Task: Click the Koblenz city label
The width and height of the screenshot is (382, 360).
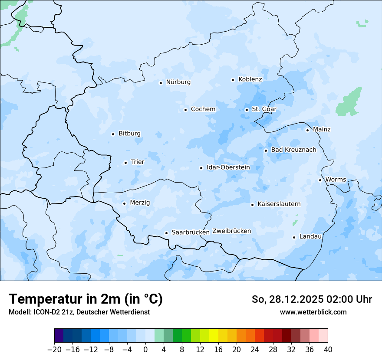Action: (x=250, y=79)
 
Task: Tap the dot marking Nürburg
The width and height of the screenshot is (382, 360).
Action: (x=161, y=82)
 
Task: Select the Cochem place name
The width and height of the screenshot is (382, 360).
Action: (x=203, y=109)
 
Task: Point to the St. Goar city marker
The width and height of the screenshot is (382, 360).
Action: (x=247, y=110)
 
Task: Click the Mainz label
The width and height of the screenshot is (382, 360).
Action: (x=322, y=129)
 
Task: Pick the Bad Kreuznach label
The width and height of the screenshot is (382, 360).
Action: (x=293, y=150)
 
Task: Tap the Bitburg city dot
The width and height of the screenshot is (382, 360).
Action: (x=113, y=134)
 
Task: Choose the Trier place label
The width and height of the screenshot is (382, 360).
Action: (x=138, y=162)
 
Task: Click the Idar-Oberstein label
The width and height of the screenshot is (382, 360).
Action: (x=228, y=167)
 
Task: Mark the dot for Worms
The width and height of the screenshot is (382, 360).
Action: (x=320, y=180)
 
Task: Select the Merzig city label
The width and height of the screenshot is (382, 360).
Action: (x=140, y=203)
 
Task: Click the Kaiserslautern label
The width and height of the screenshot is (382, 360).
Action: (x=279, y=204)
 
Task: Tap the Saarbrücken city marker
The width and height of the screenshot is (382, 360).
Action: (x=166, y=233)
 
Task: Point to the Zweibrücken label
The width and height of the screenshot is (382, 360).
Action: (x=232, y=231)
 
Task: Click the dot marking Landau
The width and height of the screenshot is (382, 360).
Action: (x=294, y=237)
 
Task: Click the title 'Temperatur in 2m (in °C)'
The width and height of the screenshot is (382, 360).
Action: (x=86, y=299)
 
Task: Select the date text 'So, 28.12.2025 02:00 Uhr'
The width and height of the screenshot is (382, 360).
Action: (x=312, y=299)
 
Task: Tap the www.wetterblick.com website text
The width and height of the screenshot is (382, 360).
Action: (x=313, y=312)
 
